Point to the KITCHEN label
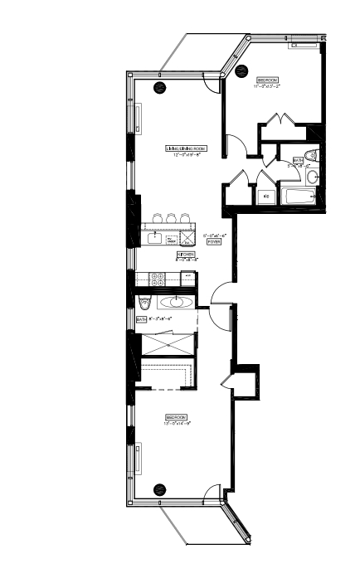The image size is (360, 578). [186, 254]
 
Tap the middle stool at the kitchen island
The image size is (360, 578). [170, 218]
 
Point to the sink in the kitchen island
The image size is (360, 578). [155, 238]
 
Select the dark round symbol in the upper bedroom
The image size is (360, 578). [243, 69]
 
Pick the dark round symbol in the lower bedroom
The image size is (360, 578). [159, 488]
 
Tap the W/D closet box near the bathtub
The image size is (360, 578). [265, 197]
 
